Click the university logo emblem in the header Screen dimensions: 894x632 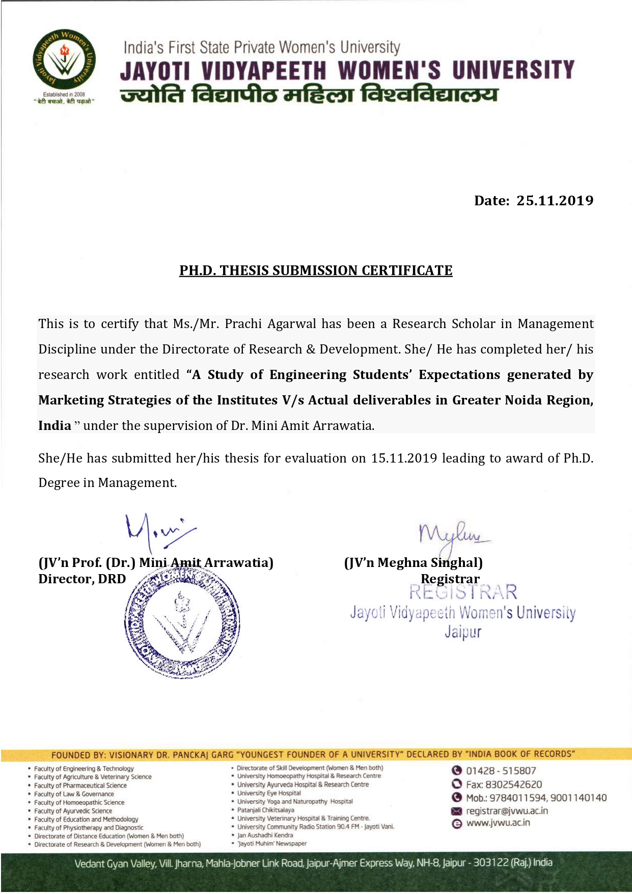(x=64, y=61)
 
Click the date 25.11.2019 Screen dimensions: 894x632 (x=555, y=201)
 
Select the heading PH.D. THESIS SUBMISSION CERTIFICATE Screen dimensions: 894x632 (x=316, y=270)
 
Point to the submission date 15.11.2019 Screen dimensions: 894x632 (x=404, y=458)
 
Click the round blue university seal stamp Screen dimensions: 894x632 (x=182, y=622)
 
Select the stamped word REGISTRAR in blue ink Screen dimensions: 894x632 (x=463, y=592)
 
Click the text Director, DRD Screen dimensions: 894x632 (x=82, y=579)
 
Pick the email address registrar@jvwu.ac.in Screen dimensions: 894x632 (x=507, y=811)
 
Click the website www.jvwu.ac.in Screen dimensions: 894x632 (x=498, y=823)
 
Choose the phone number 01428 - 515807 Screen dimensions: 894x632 (x=501, y=771)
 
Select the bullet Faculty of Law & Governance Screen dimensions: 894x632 (x=74, y=794)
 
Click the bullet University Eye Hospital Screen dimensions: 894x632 (x=269, y=793)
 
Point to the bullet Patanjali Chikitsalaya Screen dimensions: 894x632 (x=265, y=810)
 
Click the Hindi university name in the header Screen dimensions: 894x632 (x=309, y=95)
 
